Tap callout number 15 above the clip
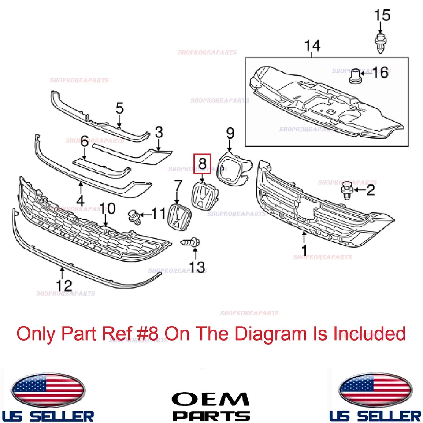[382, 15]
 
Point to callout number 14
[312, 45]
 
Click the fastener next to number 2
[346, 190]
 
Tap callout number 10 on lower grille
[108, 208]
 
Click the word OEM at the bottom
[210, 400]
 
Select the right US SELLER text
[375, 415]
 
